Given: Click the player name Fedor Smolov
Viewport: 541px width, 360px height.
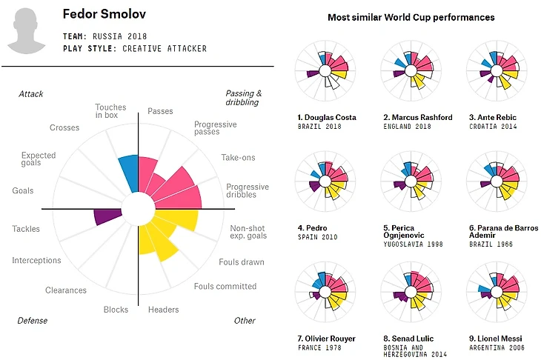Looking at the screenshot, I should point(105,14).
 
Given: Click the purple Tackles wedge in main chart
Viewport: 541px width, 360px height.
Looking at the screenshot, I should point(107,217).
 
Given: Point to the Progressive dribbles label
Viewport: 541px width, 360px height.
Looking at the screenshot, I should point(247,190).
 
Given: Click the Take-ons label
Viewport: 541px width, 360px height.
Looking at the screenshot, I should point(236,158).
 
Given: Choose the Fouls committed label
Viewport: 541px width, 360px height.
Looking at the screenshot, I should point(225,287).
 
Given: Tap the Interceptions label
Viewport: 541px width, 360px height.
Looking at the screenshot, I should point(36,261).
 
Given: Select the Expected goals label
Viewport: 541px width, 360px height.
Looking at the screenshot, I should point(39,160).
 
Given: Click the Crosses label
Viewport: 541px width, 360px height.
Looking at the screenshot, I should point(64,128).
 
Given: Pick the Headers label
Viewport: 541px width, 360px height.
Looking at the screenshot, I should point(163,310).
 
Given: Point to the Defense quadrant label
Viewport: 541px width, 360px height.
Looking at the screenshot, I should point(33,321).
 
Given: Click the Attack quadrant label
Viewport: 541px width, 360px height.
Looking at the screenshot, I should point(31,94).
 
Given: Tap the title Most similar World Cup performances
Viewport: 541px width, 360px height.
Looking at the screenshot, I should point(411,17).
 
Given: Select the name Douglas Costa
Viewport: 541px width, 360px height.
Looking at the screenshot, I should point(327,118).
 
